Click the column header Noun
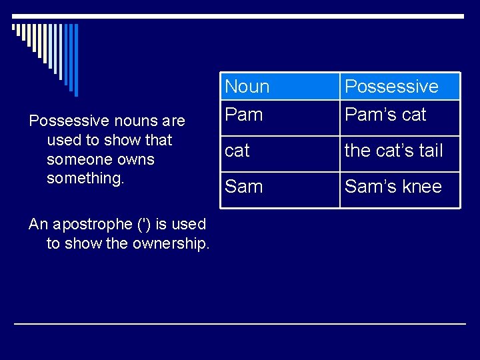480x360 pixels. tap(247, 87)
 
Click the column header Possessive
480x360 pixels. tap(391, 87)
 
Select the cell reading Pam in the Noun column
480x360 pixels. tap(244, 115)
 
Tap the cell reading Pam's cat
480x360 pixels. tap(385, 115)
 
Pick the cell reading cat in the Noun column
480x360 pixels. tap(237, 151)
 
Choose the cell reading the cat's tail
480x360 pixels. tap(393, 151)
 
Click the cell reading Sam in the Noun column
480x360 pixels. tap(244, 187)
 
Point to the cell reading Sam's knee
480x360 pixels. tap(393, 187)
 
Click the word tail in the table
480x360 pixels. tap(430, 151)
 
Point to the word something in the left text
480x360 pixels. tap(85, 179)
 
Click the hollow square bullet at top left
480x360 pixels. tap(15, 28)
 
